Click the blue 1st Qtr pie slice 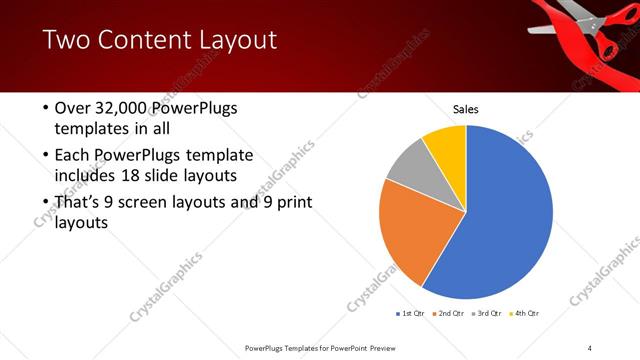pyautogui.click(x=505, y=215)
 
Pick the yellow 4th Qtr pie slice pyautogui.click(x=446, y=146)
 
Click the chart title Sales pyautogui.click(x=466, y=109)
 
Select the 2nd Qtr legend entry pyautogui.click(x=450, y=313)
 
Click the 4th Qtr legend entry pyautogui.click(x=526, y=313)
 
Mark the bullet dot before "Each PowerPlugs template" pyautogui.click(x=45, y=156)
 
